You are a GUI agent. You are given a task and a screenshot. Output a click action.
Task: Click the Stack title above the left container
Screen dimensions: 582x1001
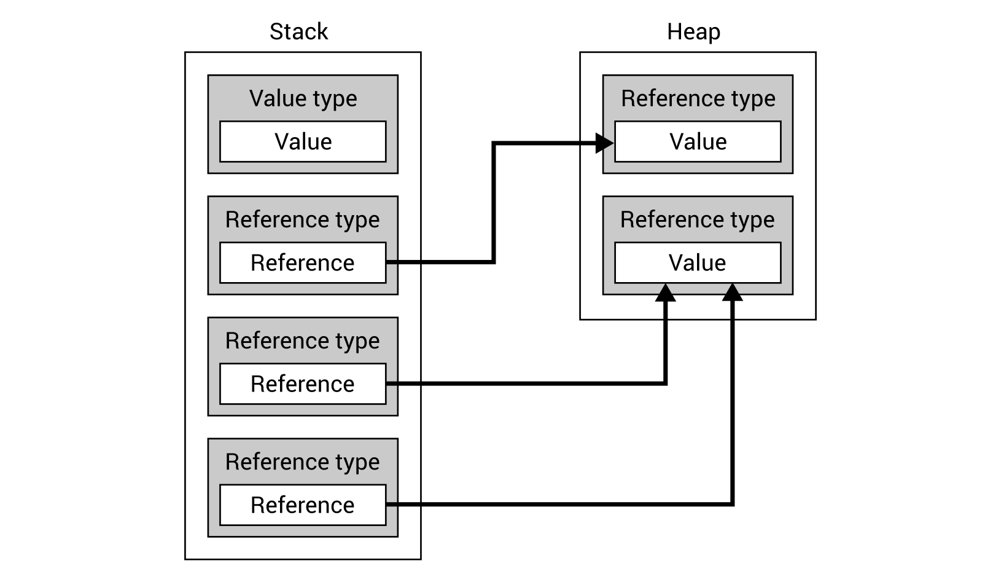(298, 31)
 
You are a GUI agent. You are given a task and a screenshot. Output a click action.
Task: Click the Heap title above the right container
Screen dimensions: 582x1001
(693, 31)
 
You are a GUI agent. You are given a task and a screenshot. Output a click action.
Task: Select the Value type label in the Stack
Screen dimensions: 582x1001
(303, 98)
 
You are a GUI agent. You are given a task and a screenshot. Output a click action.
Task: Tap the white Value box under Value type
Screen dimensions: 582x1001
(303, 141)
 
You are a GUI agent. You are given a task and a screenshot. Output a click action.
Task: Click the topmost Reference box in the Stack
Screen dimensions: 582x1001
(303, 262)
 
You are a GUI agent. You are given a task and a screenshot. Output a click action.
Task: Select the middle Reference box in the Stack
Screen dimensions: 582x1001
(303, 383)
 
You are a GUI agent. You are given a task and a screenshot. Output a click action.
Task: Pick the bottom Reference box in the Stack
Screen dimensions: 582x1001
(303, 505)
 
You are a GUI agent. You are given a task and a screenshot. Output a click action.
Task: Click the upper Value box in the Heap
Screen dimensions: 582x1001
(698, 141)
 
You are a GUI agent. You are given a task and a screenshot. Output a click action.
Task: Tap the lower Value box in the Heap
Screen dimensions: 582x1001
(698, 262)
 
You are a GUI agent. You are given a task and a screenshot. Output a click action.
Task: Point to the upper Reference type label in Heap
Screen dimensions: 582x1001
(698, 98)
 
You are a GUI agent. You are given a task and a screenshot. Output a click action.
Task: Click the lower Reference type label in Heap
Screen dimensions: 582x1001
(698, 219)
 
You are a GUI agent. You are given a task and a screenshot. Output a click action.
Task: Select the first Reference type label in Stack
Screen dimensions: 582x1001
(303, 219)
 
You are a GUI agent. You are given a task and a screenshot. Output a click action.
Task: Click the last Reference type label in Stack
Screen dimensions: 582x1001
(303, 462)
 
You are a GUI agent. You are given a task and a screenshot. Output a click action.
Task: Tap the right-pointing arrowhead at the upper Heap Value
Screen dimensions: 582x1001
(605, 144)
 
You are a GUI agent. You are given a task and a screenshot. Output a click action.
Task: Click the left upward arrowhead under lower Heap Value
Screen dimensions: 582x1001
(666, 293)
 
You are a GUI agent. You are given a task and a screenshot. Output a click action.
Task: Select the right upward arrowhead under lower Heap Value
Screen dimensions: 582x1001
(733, 293)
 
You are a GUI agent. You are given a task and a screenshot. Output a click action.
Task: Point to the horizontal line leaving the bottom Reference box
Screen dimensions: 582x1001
(553, 505)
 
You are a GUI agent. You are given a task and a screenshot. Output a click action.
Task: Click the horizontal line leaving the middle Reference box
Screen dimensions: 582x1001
(522, 383)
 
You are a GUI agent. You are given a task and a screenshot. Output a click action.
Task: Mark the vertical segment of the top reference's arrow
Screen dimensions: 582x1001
(494, 203)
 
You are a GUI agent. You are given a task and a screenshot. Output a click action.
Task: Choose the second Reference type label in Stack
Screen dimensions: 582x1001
(303, 340)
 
